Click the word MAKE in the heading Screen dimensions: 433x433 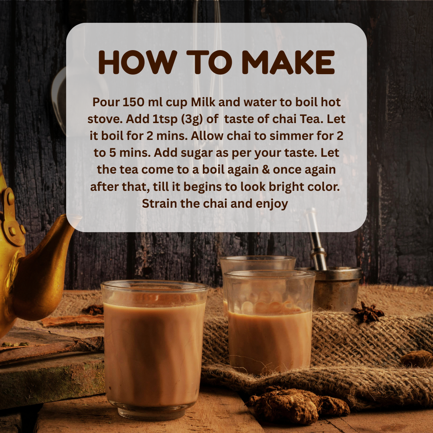tap(288, 63)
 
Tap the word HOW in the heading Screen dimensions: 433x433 tap(138, 63)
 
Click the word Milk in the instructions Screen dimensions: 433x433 tap(203, 102)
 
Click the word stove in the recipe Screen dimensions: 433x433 tap(105, 119)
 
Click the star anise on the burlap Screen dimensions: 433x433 tap(368, 312)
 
